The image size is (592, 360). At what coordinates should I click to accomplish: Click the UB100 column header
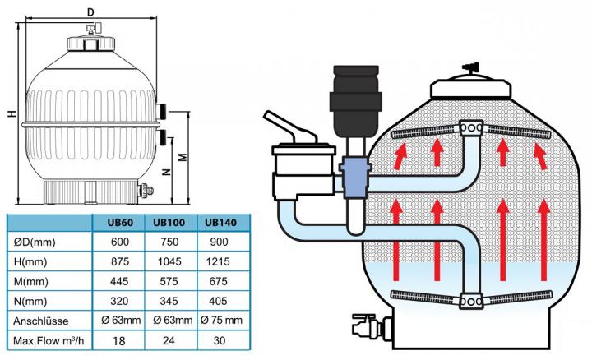[169, 222]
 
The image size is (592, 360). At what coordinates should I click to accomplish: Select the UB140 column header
[220, 222]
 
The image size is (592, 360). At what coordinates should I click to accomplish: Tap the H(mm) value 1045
[169, 261]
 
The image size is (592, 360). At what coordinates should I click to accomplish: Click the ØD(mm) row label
[35, 242]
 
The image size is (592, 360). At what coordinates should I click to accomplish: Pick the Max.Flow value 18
[119, 341]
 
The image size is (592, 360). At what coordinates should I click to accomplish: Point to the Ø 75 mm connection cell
[221, 321]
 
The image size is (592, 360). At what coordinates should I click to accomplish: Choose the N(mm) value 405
[218, 301]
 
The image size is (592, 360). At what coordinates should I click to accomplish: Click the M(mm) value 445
[119, 282]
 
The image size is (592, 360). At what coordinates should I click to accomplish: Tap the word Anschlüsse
[41, 321]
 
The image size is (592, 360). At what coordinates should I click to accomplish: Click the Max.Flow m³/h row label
[49, 341]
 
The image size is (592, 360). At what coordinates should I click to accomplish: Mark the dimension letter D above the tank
[90, 12]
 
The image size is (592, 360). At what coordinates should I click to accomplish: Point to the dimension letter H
[12, 113]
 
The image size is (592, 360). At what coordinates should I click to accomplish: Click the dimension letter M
[183, 157]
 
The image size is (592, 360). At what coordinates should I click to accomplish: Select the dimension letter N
[166, 172]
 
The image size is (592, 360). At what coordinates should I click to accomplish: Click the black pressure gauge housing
[356, 101]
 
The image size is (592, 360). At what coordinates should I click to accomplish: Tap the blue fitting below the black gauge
[354, 178]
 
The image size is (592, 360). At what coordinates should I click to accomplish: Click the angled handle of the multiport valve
[290, 127]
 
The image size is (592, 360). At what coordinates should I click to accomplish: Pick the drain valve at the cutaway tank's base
[371, 325]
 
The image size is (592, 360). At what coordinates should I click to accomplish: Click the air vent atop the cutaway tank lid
[470, 68]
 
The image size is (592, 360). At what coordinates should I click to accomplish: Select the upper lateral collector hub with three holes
[471, 127]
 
